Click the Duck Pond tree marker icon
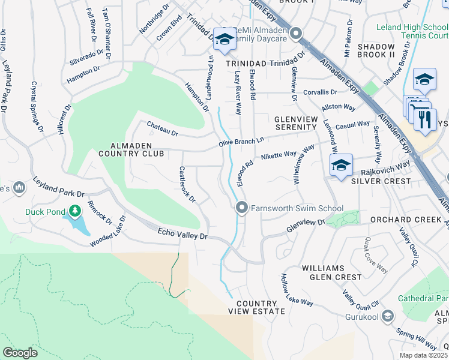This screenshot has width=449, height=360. pos(74,211)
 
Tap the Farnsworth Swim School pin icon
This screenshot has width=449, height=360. pos(242,208)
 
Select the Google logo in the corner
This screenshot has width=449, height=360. pos(20,353)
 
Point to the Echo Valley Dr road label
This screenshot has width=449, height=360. pos(182,234)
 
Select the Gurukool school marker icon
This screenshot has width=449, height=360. pos(388,316)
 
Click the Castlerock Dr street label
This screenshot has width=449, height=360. pos(187,185)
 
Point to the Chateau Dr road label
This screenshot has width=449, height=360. pos(163,128)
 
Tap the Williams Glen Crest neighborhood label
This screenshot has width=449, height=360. pos(332,272)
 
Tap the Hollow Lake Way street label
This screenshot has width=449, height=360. pos(297,290)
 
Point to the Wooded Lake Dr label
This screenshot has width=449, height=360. pos(109,232)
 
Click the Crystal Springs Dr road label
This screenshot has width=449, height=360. pos(37,107)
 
